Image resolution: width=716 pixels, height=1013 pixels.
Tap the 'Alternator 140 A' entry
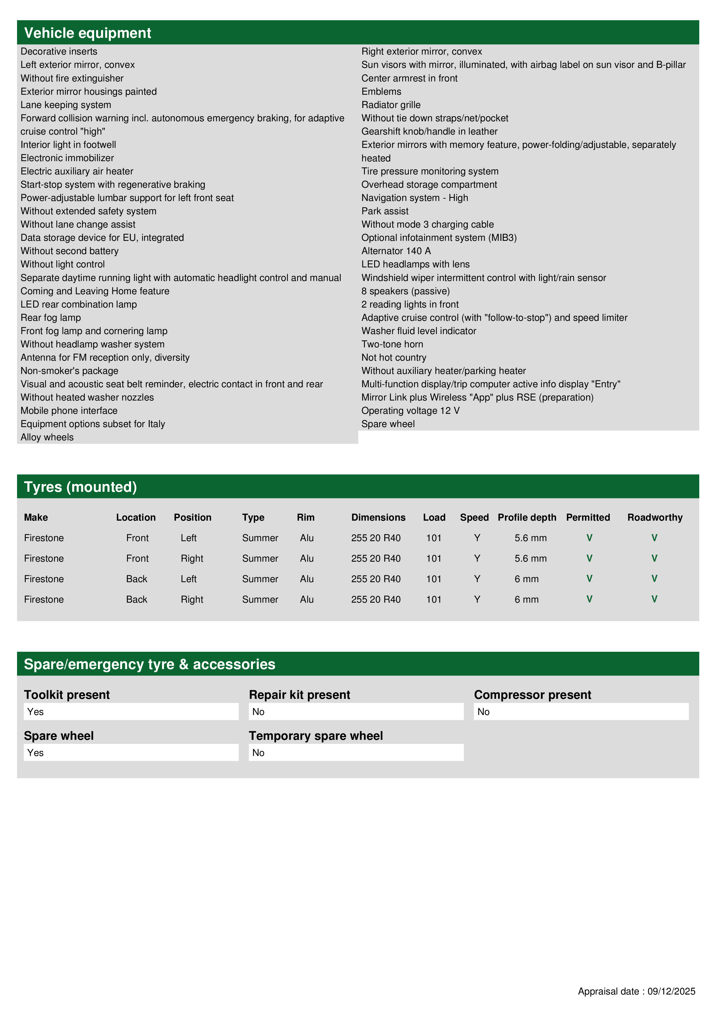(x=396, y=251)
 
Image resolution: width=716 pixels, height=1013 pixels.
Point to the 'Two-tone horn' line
(x=392, y=344)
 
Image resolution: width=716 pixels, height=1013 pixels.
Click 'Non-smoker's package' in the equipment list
(x=69, y=370)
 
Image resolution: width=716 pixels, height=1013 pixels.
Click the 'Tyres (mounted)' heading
(x=80, y=487)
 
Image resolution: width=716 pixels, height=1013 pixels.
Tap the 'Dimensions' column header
(x=378, y=517)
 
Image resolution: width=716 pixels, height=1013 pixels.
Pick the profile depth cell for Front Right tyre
(x=530, y=558)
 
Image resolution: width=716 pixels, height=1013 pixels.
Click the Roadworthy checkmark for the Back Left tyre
(x=654, y=578)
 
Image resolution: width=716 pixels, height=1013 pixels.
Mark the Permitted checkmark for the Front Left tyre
(x=589, y=538)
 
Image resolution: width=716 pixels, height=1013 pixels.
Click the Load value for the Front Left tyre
(x=434, y=538)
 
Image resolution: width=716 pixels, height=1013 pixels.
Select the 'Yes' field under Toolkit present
(x=131, y=712)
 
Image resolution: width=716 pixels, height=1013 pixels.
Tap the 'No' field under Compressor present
(x=581, y=712)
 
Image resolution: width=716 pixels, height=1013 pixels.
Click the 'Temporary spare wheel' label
(x=316, y=735)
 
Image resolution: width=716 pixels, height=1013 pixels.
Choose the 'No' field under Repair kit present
(x=356, y=712)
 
